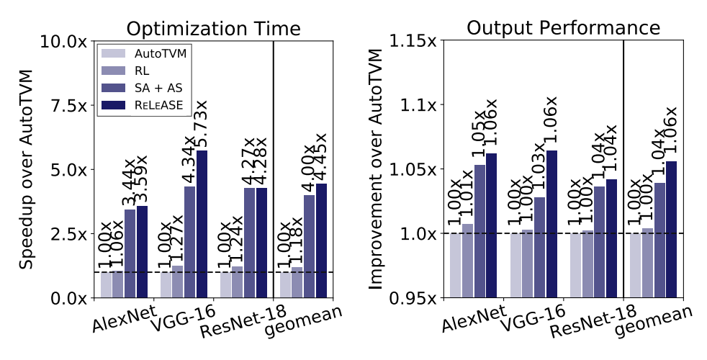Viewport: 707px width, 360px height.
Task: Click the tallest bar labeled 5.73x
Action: pyautogui.click(x=202, y=223)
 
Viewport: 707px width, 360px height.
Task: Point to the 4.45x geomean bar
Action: pyautogui.click(x=321, y=240)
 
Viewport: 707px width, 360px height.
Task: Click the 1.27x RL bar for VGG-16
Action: pyautogui.click(x=178, y=282)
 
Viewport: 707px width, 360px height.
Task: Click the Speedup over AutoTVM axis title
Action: pyautogui.click(x=27, y=169)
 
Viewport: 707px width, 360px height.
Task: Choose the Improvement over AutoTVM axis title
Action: pyautogui.click(x=374, y=169)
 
